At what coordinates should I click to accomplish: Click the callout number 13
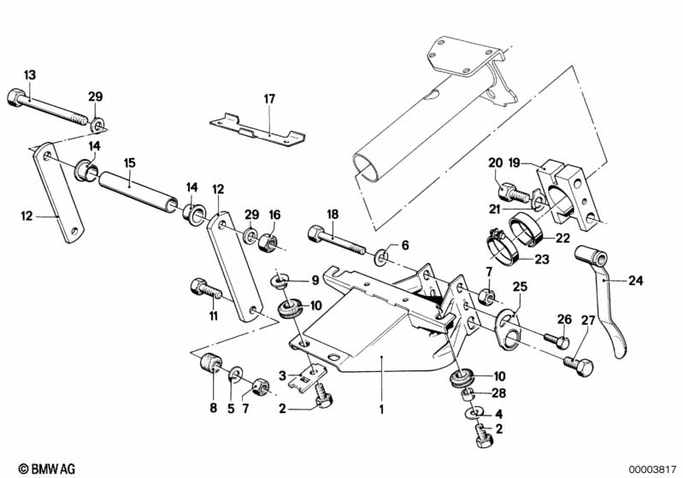tap(30, 75)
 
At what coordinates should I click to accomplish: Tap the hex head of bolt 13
tap(17, 97)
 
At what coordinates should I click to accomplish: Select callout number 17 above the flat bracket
tap(269, 99)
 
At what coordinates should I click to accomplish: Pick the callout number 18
tap(333, 215)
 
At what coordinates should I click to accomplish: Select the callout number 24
tap(635, 280)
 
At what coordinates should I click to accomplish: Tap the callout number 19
tap(514, 163)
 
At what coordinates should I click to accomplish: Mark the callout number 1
tap(381, 410)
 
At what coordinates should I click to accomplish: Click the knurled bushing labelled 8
tap(211, 362)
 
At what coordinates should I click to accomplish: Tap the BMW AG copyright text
tap(47, 469)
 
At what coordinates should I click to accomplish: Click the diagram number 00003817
tap(652, 469)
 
